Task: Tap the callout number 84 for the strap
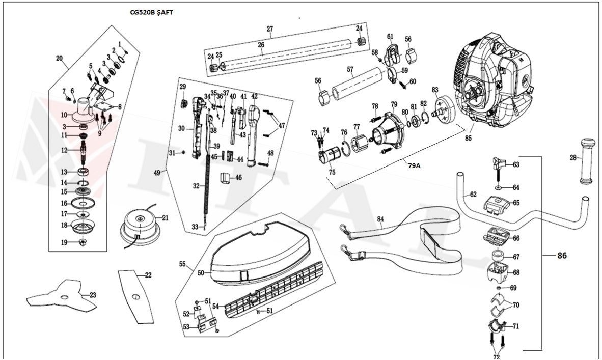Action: [x=380, y=219]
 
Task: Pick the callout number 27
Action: [x=270, y=29]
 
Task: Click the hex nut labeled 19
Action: [x=81, y=242]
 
